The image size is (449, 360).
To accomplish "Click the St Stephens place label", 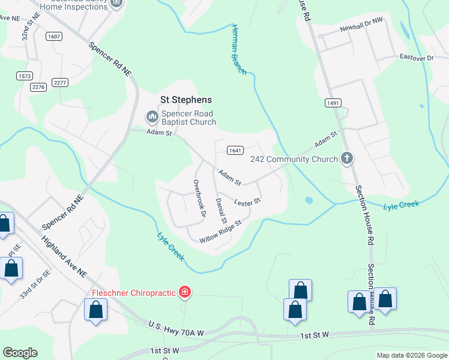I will point(185,100).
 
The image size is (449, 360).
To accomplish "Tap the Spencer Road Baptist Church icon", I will point(152,115).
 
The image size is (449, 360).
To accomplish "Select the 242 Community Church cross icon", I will point(346,159).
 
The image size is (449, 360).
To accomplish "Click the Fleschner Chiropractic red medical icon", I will point(185,293).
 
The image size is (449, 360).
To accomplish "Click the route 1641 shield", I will point(235,150).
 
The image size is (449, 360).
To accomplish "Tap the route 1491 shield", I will point(334,103).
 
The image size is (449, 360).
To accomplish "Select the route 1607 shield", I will point(54,37).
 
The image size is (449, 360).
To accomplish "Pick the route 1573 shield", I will point(25,76).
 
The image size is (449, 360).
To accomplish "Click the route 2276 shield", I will point(38,87).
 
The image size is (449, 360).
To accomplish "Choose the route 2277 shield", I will point(60,82).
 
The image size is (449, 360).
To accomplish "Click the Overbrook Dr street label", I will point(199,197).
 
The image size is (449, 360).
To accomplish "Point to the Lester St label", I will point(247,202).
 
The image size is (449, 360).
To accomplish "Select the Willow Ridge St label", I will point(220,231).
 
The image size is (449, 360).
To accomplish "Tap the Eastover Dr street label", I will point(417,58).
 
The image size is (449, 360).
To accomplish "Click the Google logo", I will point(20,353).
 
